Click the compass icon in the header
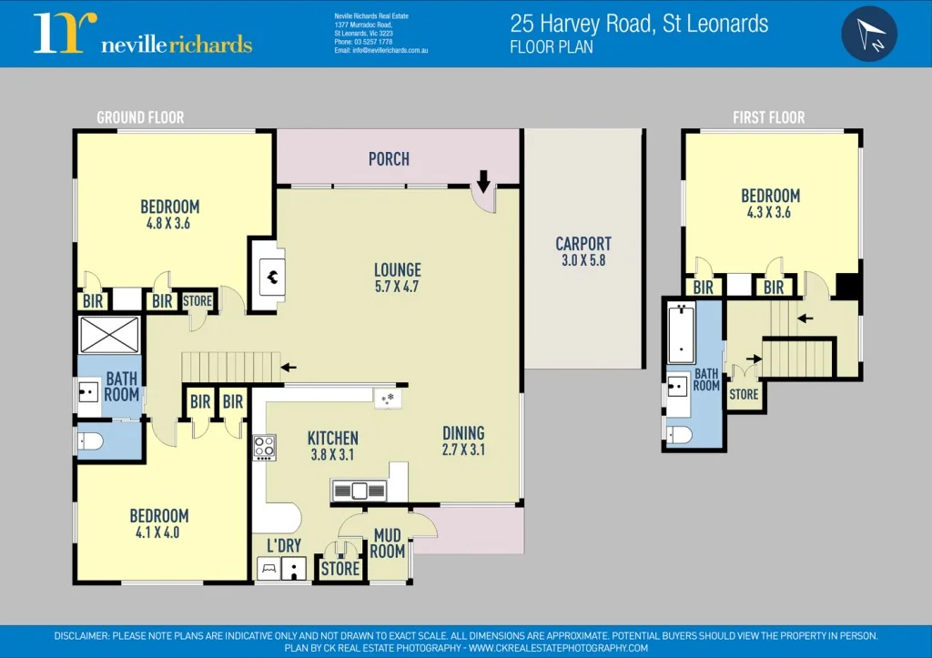coord(869,34)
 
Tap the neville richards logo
coord(143,34)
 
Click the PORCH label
coord(389,159)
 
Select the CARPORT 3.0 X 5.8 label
coord(583,251)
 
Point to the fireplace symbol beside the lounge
coord(271,273)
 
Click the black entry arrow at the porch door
coord(483,185)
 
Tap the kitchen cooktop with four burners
coord(265,448)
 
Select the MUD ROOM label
coord(388,543)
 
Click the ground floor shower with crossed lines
coord(109,334)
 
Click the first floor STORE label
coord(744,395)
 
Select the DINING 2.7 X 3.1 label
coord(463,440)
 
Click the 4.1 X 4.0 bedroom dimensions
coord(158,532)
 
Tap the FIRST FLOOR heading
coord(769,117)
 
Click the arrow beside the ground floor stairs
coord(289,368)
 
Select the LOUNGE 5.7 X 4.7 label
coord(398,278)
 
